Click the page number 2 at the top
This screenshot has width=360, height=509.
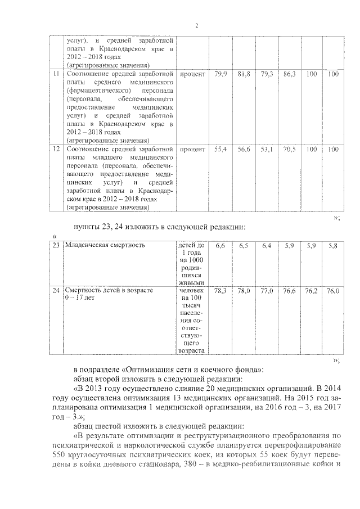(x=197, y=25)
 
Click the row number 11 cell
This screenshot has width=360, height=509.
(x=56, y=74)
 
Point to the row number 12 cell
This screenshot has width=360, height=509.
(x=56, y=150)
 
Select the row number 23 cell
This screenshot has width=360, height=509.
(x=56, y=245)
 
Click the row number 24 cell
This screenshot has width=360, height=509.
(x=56, y=290)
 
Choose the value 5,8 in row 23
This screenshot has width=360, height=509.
(x=332, y=246)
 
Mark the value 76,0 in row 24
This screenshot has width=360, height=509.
(x=333, y=291)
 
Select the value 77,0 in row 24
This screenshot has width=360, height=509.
(x=267, y=291)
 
